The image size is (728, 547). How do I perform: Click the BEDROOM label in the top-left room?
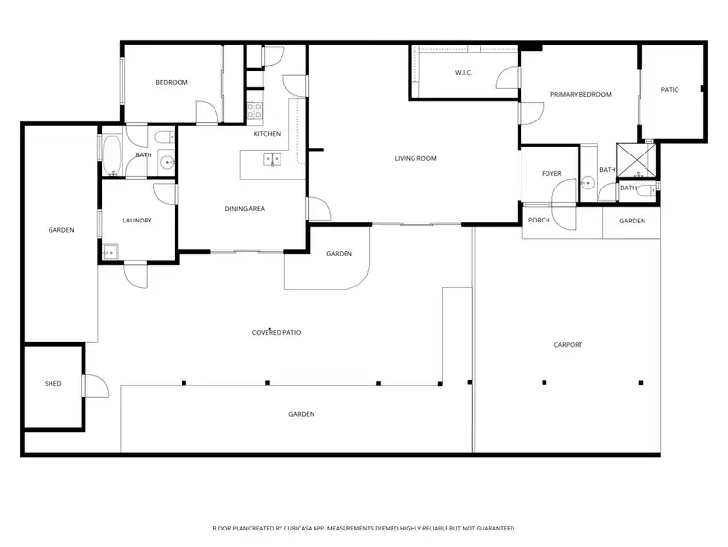click(x=172, y=83)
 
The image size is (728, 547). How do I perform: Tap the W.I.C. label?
click(x=463, y=73)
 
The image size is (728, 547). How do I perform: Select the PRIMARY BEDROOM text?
click(x=580, y=95)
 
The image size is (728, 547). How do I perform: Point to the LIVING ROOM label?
click(x=415, y=158)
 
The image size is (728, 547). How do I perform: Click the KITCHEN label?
click(x=267, y=134)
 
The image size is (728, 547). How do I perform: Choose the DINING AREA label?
click(x=245, y=208)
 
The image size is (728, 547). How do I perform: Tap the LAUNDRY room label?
click(x=137, y=221)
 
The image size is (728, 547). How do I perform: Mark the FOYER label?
click(x=551, y=174)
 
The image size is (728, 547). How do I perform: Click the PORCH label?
click(x=539, y=221)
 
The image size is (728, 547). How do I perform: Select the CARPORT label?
click(x=568, y=345)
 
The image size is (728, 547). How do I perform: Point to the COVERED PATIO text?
click(x=277, y=333)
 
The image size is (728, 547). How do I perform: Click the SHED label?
click(x=52, y=384)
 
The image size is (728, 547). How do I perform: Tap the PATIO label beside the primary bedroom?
click(x=670, y=90)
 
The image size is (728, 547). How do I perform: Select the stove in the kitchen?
click(x=255, y=111)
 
